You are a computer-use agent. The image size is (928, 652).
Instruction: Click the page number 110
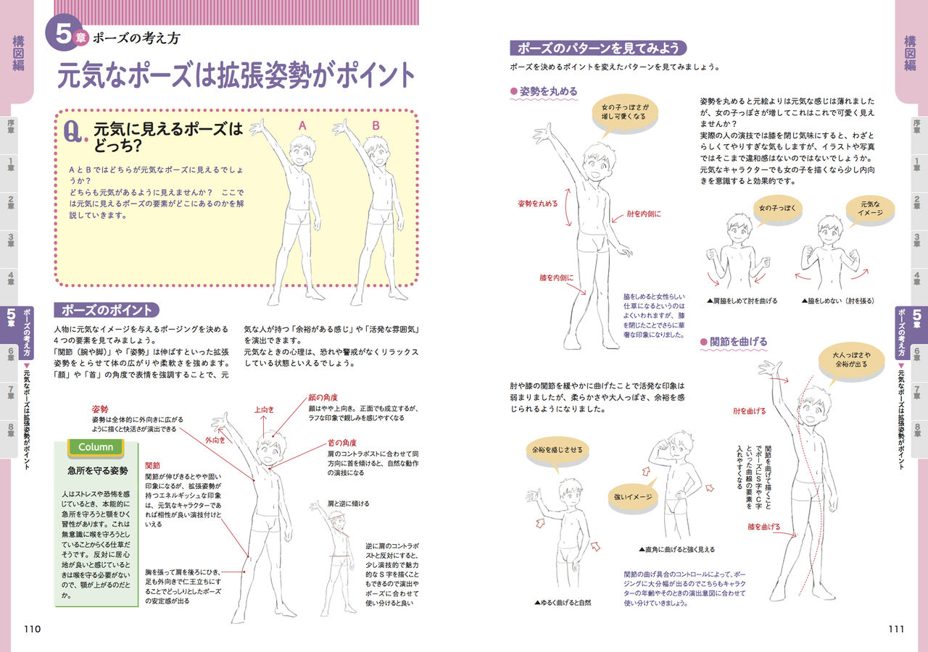click(32, 629)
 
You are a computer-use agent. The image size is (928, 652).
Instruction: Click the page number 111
click(896, 629)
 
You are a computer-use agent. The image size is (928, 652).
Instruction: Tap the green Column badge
click(96, 447)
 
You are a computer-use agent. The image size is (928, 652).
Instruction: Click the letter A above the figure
click(303, 125)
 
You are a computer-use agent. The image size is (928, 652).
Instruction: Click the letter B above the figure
click(376, 125)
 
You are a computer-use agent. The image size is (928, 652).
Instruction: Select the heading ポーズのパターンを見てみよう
click(598, 49)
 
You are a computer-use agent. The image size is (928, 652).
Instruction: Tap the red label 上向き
click(264, 409)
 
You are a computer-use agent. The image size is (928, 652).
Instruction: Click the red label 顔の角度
click(323, 397)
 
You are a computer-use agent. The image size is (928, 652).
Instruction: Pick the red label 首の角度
click(341, 443)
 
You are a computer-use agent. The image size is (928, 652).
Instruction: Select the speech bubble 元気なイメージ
click(871, 208)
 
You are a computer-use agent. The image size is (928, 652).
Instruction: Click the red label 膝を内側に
click(556, 277)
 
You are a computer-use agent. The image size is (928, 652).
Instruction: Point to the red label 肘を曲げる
click(750, 411)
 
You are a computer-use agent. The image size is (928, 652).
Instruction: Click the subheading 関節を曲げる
click(738, 341)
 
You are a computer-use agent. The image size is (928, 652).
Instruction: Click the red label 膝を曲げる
click(764, 527)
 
